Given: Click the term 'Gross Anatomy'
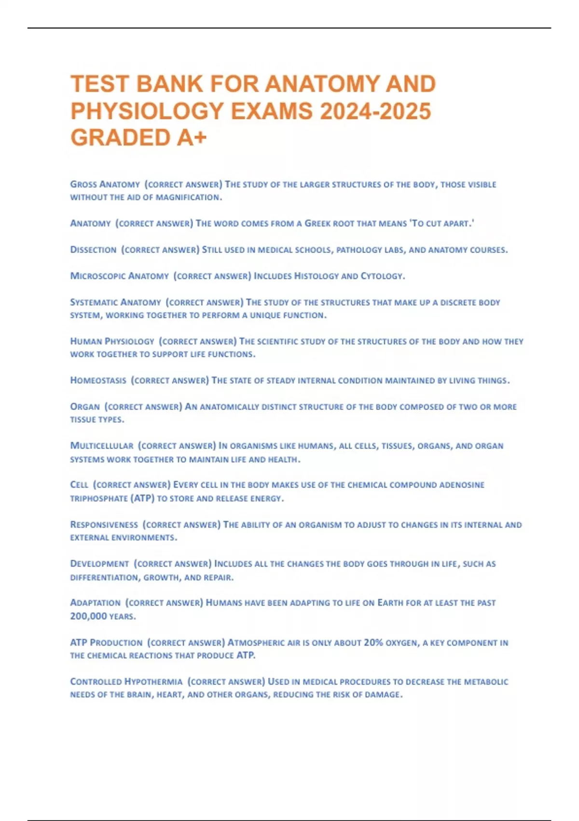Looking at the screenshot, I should click(x=105, y=184).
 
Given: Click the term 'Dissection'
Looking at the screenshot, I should click(x=93, y=250).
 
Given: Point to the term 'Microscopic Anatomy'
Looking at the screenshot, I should click(x=119, y=276).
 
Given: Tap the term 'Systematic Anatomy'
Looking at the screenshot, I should click(x=115, y=302).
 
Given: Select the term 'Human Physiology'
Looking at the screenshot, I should click(x=112, y=341).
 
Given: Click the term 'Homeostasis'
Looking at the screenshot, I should click(x=98, y=381).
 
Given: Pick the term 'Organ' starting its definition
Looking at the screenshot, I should click(x=85, y=407).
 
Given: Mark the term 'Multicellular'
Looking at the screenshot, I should click(x=101, y=446).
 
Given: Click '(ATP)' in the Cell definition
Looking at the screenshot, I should click(x=142, y=498).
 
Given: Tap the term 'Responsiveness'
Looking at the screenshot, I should click(x=104, y=524).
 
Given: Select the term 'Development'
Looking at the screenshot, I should click(x=99, y=564).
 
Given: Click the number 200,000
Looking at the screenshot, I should click(x=88, y=616).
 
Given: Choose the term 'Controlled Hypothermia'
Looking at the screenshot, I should click(x=126, y=682).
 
